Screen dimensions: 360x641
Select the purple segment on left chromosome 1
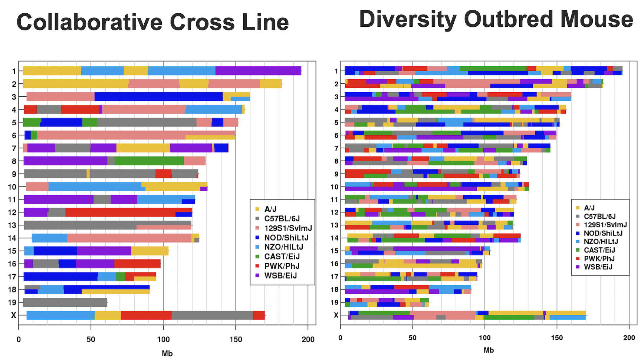[258, 71]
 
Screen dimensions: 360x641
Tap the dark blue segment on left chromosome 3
[158, 96]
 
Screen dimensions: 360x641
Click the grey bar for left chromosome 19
[65, 302]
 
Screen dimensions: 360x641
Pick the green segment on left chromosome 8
[149, 161]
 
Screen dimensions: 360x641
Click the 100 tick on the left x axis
[163, 339]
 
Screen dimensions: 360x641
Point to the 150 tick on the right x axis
[557, 337]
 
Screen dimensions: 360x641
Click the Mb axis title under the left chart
[167, 353]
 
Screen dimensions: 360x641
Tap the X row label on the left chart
[13, 315]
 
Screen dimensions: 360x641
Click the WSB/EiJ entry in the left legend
[280, 275]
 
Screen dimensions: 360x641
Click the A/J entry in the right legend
[589, 208]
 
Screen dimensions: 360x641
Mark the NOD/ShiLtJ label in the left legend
[286, 238]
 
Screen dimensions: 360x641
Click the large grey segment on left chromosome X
[212, 315]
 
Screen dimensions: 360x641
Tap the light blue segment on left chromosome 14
[50, 238]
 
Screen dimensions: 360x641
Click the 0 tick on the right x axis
[340, 337]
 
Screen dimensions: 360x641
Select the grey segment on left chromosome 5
[147, 122]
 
